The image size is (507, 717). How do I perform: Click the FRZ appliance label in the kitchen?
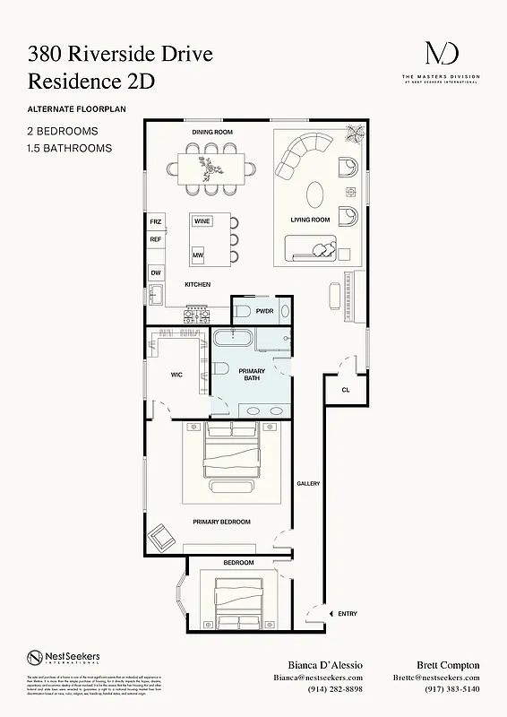[156, 220]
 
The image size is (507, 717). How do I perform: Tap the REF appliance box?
[156, 239]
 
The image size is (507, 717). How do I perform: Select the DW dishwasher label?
[156, 272]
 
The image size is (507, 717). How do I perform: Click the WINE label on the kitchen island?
[202, 220]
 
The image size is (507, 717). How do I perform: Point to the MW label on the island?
[198, 255]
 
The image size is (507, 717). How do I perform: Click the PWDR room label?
[264, 311]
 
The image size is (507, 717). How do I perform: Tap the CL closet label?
[345, 390]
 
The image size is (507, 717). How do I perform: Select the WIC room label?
[176, 375]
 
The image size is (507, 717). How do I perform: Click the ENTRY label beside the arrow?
[347, 614]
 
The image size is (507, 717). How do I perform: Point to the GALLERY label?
[308, 484]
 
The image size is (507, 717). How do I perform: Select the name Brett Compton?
[448, 665]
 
